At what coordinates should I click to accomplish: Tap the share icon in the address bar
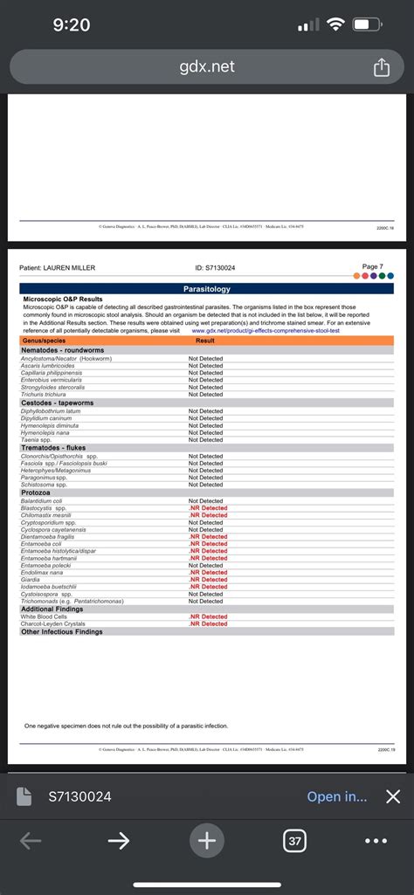pos(381,68)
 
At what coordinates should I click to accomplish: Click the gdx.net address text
pos(207,67)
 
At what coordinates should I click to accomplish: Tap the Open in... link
pos(337,796)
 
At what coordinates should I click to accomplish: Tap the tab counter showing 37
pos(294,841)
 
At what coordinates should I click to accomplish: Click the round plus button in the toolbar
pos(206,841)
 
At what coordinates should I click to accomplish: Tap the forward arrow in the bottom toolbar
pos(119,841)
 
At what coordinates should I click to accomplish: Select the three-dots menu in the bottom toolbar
pos(376,841)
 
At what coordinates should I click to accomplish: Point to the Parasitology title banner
pos(207,288)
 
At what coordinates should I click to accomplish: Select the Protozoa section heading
pos(36,492)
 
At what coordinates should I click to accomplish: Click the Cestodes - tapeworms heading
pos(57,403)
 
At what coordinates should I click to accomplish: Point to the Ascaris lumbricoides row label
pos(53,365)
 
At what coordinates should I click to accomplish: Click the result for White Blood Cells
pos(207,616)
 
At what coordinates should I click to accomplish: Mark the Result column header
pos(205,341)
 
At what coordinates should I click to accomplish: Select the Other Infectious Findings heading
pos(61,631)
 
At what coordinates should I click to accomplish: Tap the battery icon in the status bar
pos(365,25)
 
